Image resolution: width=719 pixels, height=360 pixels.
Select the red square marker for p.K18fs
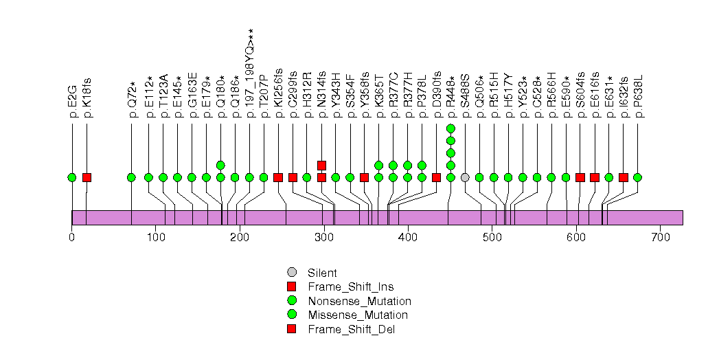87,177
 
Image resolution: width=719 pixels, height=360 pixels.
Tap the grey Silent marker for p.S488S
465,177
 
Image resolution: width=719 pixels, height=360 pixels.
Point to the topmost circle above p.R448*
450,128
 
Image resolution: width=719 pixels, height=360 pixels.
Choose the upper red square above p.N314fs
321,165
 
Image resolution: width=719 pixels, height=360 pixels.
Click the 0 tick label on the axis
72,238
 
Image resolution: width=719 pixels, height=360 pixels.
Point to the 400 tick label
408,238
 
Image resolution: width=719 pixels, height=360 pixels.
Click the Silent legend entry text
323,273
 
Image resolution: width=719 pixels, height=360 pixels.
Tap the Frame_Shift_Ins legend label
351,287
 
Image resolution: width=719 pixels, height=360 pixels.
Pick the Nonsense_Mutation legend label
360,301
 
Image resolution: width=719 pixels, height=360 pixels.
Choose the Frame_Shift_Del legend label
352,329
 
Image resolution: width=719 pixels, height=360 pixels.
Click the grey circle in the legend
292,273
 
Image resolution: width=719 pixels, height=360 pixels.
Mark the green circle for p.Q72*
131,177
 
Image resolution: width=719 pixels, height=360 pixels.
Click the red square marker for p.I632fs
623,177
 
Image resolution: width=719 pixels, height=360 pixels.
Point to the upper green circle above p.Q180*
220,165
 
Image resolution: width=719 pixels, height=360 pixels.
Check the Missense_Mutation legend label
358,315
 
